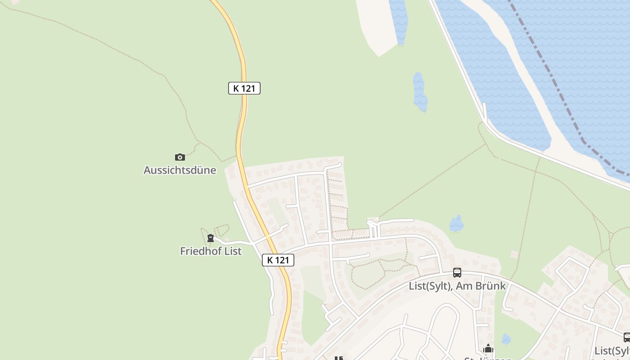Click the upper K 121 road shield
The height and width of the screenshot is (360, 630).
coord(244,88)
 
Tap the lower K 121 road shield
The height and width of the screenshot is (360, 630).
coord(278,260)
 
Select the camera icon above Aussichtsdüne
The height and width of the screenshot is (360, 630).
coord(180,157)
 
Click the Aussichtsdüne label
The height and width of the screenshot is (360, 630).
coord(180,171)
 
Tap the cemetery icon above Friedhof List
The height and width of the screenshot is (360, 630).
coord(210,238)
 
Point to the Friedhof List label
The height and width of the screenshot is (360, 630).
coord(211,251)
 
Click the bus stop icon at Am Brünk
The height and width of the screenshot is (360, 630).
coord(457,272)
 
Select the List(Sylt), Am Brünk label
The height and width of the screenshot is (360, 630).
coord(457,286)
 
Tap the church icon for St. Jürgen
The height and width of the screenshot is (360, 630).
coord(488,349)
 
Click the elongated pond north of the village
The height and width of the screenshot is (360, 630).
coord(419,92)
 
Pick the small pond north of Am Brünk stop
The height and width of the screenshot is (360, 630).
coord(456,224)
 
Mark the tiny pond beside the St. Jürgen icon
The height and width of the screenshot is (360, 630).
coord(506,339)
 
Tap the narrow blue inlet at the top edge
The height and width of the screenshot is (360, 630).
coord(399,20)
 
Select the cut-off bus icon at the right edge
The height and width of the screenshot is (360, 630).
coord(627,337)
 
